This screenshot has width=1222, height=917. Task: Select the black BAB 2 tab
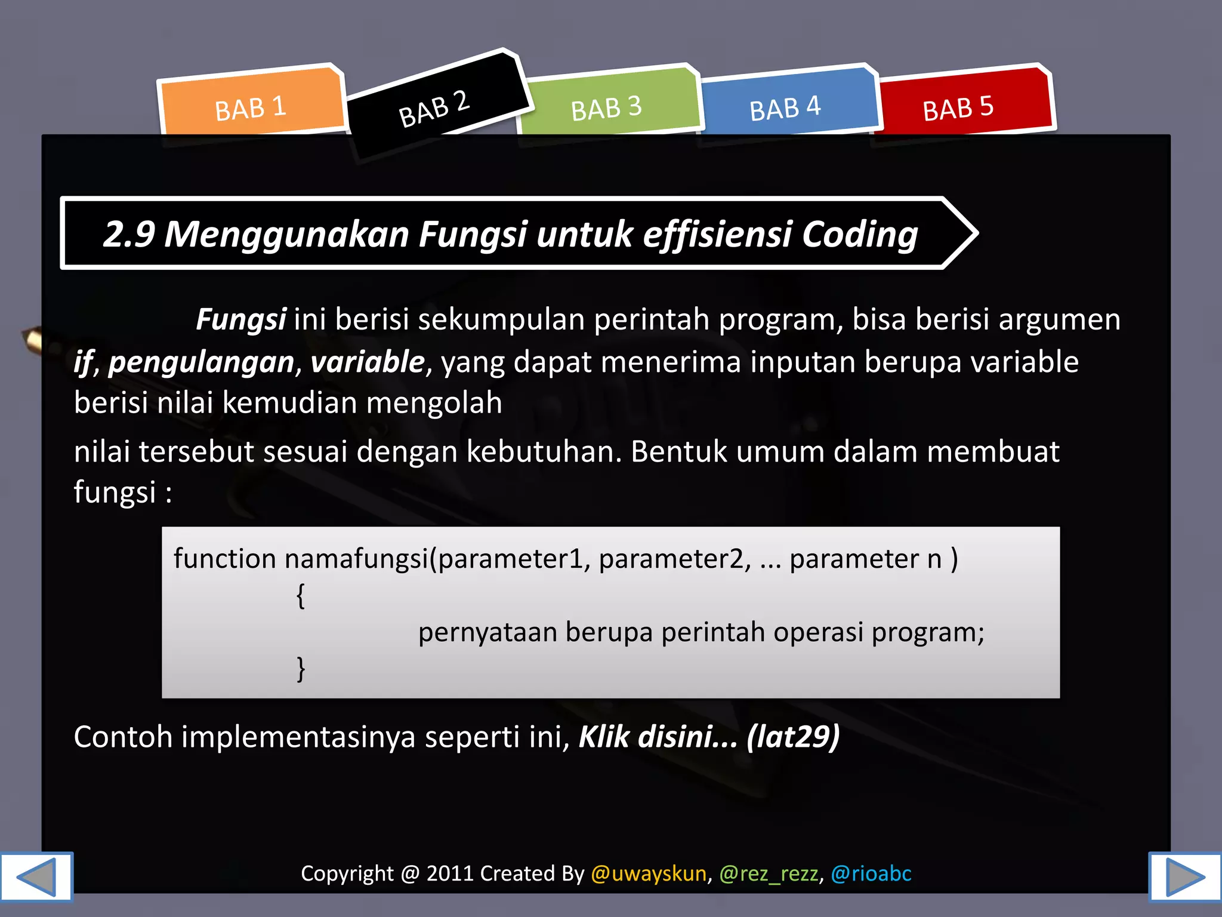(x=434, y=107)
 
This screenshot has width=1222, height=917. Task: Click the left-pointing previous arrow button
(x=36, y=876)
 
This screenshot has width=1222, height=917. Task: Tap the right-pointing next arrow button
(x=1185, y=876)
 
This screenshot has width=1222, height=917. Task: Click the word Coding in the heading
(x=859, y=234)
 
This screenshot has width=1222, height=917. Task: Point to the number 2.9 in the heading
(x=129, y=234)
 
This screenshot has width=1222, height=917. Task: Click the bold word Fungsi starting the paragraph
(x=241, y=319)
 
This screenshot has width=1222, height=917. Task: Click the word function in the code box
(x=225, y=559)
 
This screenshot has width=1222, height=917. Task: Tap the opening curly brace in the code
(x=301, y=596)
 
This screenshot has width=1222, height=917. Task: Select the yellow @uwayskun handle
(x=649, y=873)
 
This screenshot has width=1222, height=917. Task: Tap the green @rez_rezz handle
(x=769, y=873)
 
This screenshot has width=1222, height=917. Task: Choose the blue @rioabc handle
(x=871, y=873)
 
